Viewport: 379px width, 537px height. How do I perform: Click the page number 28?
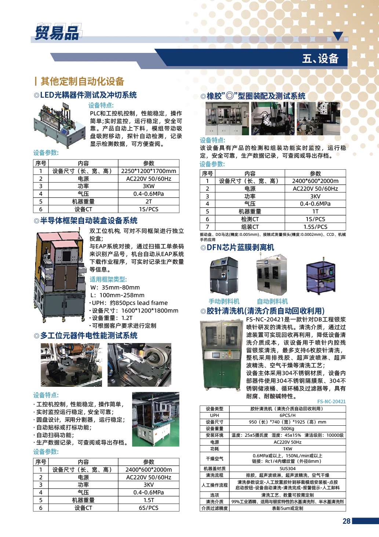346,521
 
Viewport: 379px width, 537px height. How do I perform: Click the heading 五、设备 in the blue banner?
320,58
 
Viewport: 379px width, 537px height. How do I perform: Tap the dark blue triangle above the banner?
338,36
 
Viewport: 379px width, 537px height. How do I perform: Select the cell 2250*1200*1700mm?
149,171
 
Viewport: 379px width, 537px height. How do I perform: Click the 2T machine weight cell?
149,201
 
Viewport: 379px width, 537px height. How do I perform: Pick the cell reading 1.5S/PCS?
315,227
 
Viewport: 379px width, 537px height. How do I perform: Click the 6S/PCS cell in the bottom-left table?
149,508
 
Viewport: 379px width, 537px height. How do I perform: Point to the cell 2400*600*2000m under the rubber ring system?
315,181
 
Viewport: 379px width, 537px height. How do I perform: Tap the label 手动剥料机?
224,301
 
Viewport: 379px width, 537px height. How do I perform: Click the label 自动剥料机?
272,301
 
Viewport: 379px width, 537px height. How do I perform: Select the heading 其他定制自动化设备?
82,81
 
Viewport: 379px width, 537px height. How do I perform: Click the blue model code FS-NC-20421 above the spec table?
331,401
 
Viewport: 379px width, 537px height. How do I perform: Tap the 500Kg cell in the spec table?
287,428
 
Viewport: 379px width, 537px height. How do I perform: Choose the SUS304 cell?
287,468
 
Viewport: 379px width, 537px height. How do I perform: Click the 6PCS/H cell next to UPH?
287,415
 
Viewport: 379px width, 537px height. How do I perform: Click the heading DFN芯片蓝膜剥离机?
240,248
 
